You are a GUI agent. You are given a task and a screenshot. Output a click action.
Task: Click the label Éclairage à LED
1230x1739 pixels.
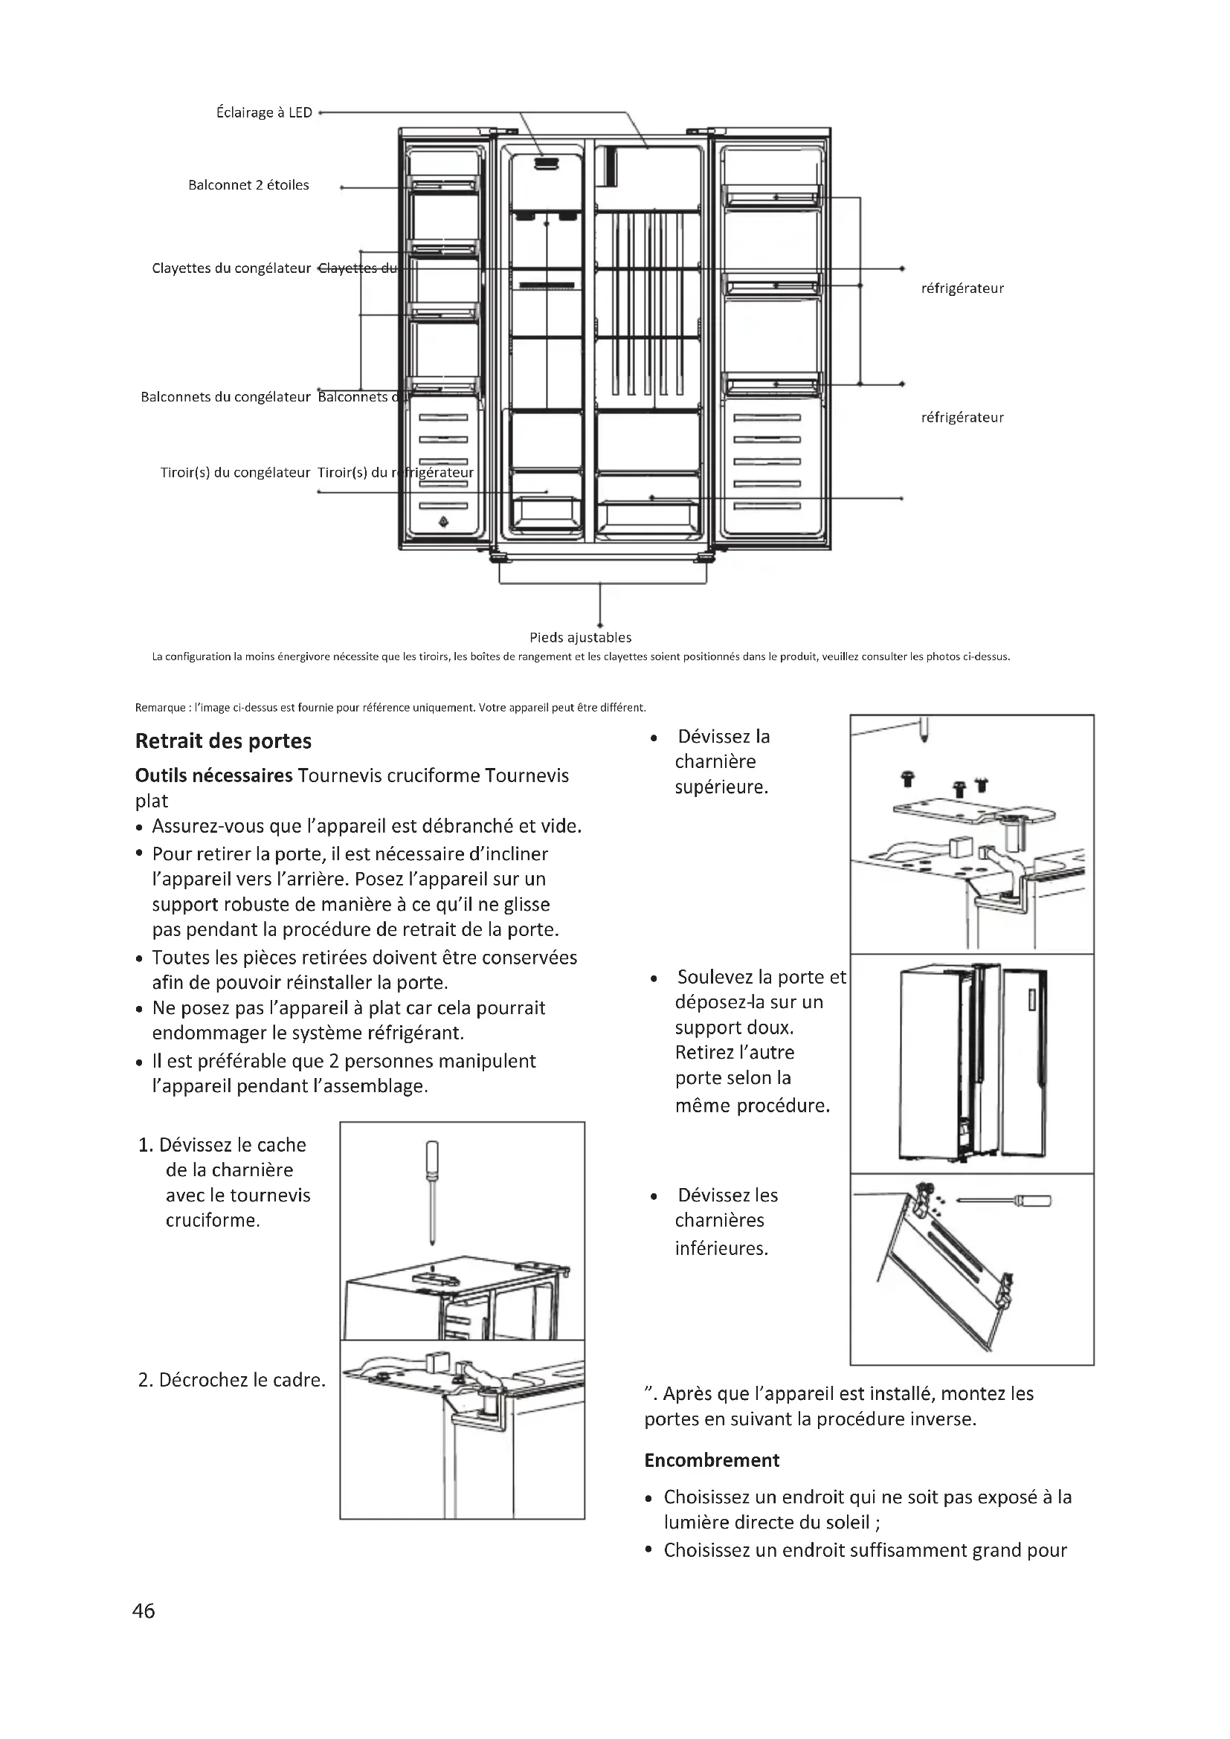tap(263, 113)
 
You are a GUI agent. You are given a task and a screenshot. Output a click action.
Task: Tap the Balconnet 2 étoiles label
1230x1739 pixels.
tap(248, 186)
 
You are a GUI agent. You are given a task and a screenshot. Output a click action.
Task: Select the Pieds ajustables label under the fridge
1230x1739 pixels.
tap(580, 638)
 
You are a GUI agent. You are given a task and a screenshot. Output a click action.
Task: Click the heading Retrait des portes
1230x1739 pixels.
tap(223, 741)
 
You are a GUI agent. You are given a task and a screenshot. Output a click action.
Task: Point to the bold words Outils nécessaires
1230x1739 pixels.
tap(213, 775)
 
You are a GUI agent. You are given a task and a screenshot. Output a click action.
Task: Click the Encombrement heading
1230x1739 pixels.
tap(711, 1460)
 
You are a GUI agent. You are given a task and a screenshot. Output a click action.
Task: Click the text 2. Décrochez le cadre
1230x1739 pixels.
tap(232, 1380)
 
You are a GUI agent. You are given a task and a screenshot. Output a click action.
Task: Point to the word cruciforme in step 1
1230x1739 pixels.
tap(212, 1220)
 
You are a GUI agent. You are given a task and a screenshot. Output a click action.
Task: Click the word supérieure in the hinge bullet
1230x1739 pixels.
tap(721, 787)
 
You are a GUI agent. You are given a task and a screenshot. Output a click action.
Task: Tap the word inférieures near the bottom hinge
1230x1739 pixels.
tap(721, 1248)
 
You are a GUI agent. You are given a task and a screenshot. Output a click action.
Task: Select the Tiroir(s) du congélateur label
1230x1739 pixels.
tap(235, 473)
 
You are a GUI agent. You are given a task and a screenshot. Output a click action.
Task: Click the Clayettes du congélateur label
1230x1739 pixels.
tap(231, 269)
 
